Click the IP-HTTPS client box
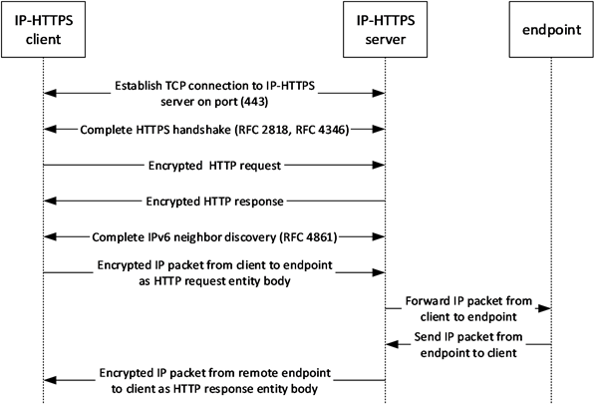pyautogui.click(x=43, y=30)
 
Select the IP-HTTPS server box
pyautogui.click(x=386, y=30)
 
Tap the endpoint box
pyautogui.click(x=551, y=30)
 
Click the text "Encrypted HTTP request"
pyautogui.click(x=215, y=166)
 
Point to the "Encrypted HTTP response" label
pyautogui.click(x=215, y=202)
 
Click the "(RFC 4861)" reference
pyautogui.click(x=308, y=237)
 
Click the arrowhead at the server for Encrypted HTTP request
pyautogui.click(x=379, y=165)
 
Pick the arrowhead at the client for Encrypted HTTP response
pyautogui.click(x=50, y=201)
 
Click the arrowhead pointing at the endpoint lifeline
pyautogui.click(x=545, y=308)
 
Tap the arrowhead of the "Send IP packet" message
pyautogui.click(x=392, y=344)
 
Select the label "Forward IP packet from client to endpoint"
pyautogui.click(x=468, y=309)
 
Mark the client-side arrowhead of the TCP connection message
pyautogui.click(x=50, y=93)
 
